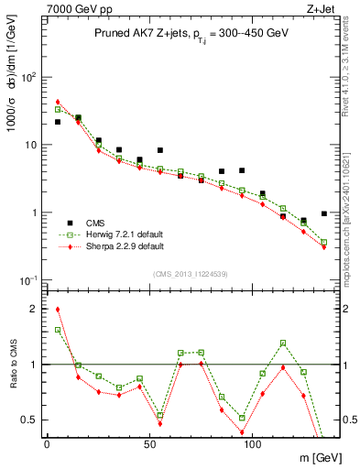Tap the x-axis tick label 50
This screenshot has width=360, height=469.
pyautogui.click(x=147, y=443)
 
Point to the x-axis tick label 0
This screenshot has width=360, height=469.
pyautogui.click(x=47, y=443)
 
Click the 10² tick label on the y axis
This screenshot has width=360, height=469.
pyautogui.click(x=28, y=77)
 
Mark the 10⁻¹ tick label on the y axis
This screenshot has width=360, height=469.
pyautogui.click(x=28, y=280)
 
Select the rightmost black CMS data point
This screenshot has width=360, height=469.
pyautogui.click(x=324, y=213)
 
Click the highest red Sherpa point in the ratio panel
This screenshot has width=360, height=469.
pyautogui.click(x=58, y=310)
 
